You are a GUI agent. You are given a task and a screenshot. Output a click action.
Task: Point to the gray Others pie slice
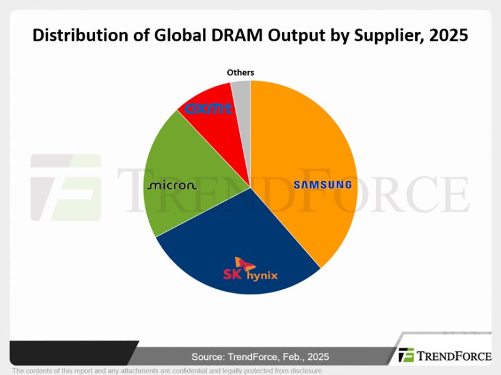point(242,96)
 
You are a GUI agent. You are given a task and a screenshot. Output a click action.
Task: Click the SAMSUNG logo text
point(323,184)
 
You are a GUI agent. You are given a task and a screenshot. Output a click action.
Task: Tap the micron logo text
point(173,185)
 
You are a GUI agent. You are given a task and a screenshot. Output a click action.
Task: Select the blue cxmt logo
point(209,109)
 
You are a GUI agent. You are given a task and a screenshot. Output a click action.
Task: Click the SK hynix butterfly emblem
point(244,264)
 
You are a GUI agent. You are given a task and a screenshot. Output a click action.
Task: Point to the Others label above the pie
point(240,72)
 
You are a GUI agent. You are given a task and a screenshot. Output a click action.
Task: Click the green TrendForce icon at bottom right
point(406,355)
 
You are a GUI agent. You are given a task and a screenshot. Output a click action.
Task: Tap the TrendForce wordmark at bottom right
point(454,356)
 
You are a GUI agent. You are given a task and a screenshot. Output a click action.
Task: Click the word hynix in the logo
point(262,276)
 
